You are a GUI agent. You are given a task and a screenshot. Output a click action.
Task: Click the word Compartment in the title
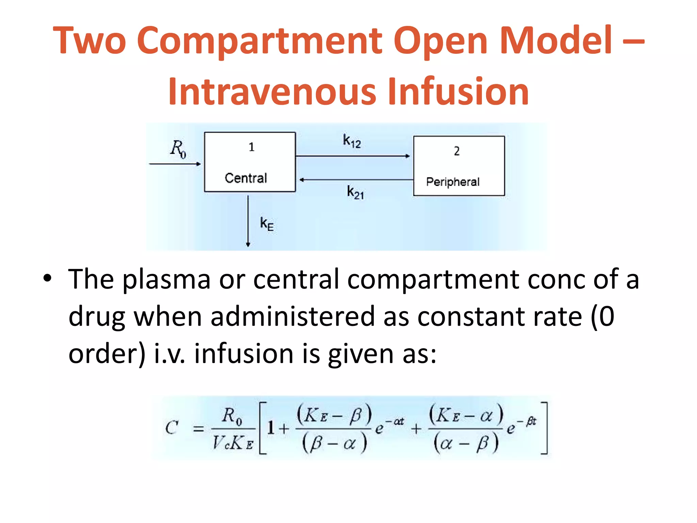260,41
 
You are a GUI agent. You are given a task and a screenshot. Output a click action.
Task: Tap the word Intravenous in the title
272,91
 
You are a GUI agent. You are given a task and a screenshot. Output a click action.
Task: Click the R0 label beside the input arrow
178,149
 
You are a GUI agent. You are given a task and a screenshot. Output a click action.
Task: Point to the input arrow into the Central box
175,164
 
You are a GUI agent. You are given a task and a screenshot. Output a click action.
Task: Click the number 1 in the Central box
252,147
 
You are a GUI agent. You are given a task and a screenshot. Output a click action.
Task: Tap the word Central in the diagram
246,178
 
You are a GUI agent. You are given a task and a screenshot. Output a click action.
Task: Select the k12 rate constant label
352,141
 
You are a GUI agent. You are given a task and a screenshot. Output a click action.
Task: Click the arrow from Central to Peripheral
353,156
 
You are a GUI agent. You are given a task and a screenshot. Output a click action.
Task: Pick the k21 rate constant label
355,192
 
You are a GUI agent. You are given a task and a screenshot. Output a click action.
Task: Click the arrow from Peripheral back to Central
356,180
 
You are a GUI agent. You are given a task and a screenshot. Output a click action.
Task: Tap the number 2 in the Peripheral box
457,151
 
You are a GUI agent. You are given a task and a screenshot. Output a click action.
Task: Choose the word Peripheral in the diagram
453,182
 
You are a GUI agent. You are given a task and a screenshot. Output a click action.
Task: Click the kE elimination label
267,224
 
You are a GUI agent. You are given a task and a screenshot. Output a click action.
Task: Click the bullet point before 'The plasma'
47,278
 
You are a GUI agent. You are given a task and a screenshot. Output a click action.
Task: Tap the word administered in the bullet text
293,317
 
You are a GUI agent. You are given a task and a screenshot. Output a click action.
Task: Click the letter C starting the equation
172,428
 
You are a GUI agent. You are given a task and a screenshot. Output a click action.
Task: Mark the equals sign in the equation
198,429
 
